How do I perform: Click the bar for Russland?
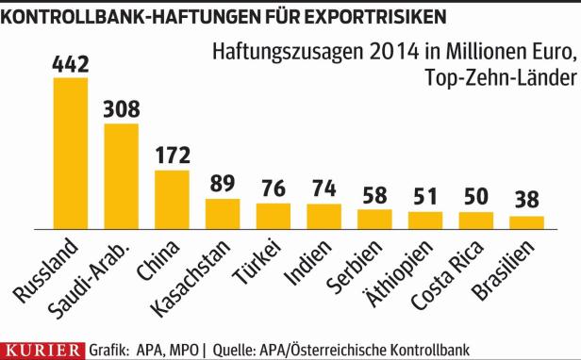click(70, 153)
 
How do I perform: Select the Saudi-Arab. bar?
click(121, 176)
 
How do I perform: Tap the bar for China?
click(172, 199)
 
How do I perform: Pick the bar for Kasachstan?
click(223, 213)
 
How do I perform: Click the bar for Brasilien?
click(526, 222)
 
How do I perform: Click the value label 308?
click(122, 107)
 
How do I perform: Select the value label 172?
click(173, 154)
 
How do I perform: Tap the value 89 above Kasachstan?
click(223, 183)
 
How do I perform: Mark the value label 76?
click(274, 188)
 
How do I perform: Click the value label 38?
click(526, 201)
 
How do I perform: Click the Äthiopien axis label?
click(407, 273)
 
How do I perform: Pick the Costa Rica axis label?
click(456, 274)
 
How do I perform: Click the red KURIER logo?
click(43, 350)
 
